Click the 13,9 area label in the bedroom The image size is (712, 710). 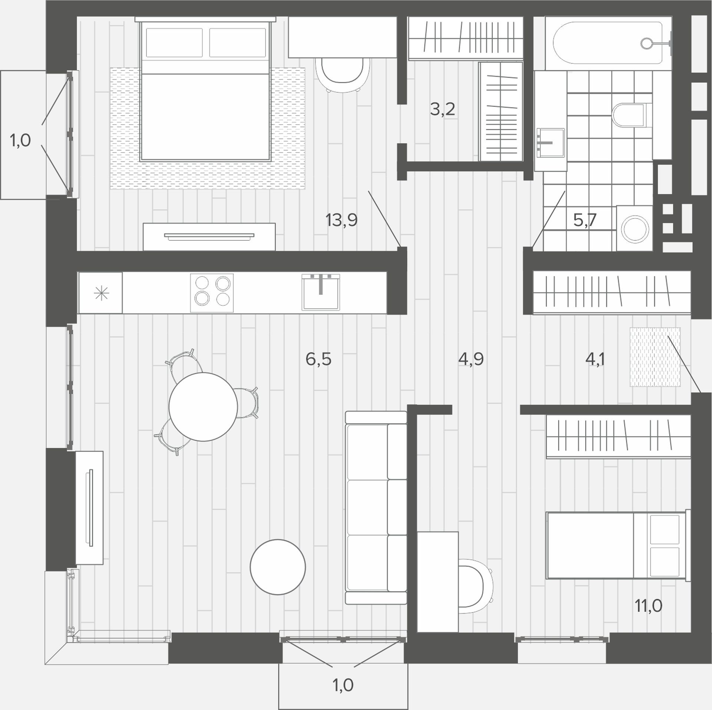pos(342,220)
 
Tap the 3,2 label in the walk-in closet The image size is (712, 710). pos(442,109)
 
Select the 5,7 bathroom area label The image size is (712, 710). pos(585,220)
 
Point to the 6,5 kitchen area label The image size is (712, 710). pos(318,359)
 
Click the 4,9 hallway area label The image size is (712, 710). pos(471,359)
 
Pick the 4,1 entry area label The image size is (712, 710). pos(595,359)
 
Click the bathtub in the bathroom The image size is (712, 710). pos(609,43)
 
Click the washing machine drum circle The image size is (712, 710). pos(636,228)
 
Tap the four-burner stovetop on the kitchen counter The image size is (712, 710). pos(212,293)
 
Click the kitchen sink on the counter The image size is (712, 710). pos(321,292)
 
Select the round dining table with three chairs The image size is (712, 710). pos(203,407)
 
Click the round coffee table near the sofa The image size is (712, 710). pos(278,567)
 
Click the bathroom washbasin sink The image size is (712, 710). pos(550,143)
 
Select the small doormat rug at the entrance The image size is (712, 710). pos(655,357)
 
